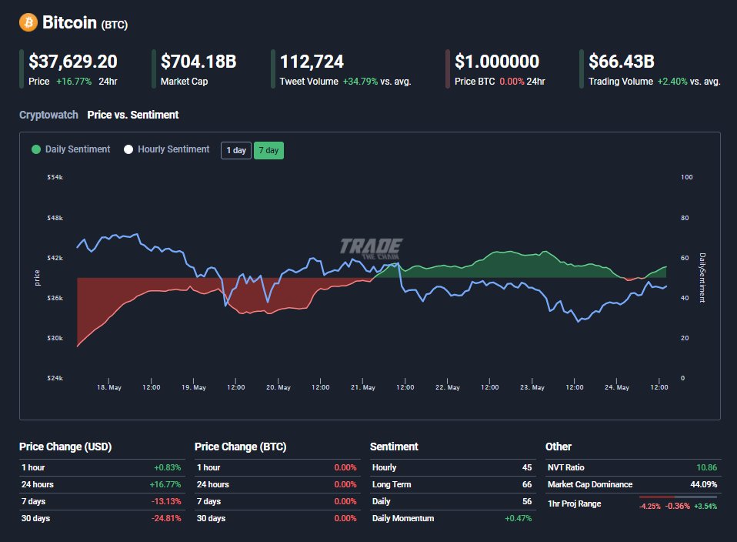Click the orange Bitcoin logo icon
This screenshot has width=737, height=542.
[28, 22]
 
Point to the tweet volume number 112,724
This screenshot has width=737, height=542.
[312, 62]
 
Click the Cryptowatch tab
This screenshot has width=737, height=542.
[48, 115]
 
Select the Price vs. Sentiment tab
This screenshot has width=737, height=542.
[133, 115]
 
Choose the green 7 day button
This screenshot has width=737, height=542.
[268, 150]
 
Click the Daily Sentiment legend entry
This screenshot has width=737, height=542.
[71, 149]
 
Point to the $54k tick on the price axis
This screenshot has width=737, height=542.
[55, 177]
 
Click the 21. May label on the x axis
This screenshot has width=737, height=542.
[364, 387]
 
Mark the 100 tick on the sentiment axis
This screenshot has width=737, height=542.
[687, 177]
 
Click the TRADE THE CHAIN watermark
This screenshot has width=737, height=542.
[371, 247]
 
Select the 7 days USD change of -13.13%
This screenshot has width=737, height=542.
[168, 501]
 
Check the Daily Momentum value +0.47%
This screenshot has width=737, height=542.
[518, 518]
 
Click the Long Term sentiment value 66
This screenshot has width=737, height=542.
[526, 484]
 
